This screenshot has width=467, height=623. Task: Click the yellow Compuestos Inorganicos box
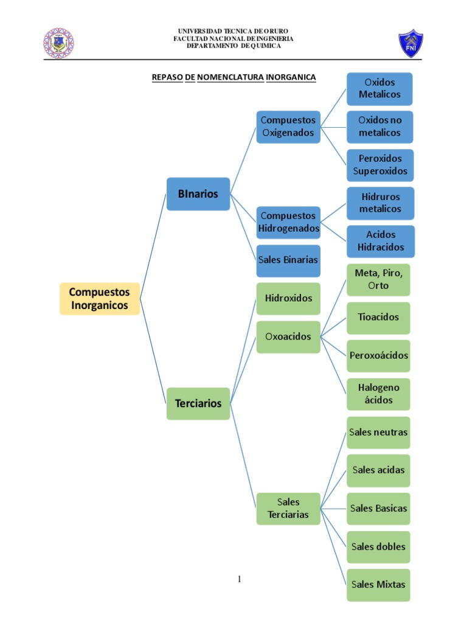[x=100, y=298]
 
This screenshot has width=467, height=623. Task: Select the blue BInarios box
[x=198, y=194]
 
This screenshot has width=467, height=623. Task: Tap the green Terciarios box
[x=198, y=403]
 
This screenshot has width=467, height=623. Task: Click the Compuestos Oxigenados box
[x=288, y=127]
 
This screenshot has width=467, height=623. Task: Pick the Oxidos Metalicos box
[x=379, y=89]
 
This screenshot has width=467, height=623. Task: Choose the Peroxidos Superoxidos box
[x=380, y=165]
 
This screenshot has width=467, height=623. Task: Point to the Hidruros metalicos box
[x=380, y=203]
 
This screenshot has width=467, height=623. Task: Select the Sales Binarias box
[x=288, y=260]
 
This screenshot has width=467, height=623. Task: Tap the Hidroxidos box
[x=288, y=298]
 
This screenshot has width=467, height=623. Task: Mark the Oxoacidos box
[x=288, y=336]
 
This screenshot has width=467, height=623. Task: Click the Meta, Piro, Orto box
[x=378, y=279]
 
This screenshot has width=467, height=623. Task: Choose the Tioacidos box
[x=378, y=318]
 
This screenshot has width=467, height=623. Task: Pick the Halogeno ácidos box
[x=378, y=394]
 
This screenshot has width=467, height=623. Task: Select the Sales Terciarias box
[x=288, y=509]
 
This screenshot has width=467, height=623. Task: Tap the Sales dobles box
[x=378, y=546]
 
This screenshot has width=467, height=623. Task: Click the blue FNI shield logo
[x=411, y=43]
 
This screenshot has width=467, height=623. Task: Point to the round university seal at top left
[x=58, y=43]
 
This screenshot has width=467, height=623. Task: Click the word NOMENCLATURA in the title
[x=230, y=78]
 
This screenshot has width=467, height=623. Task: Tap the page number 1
[x=240, y=579]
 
